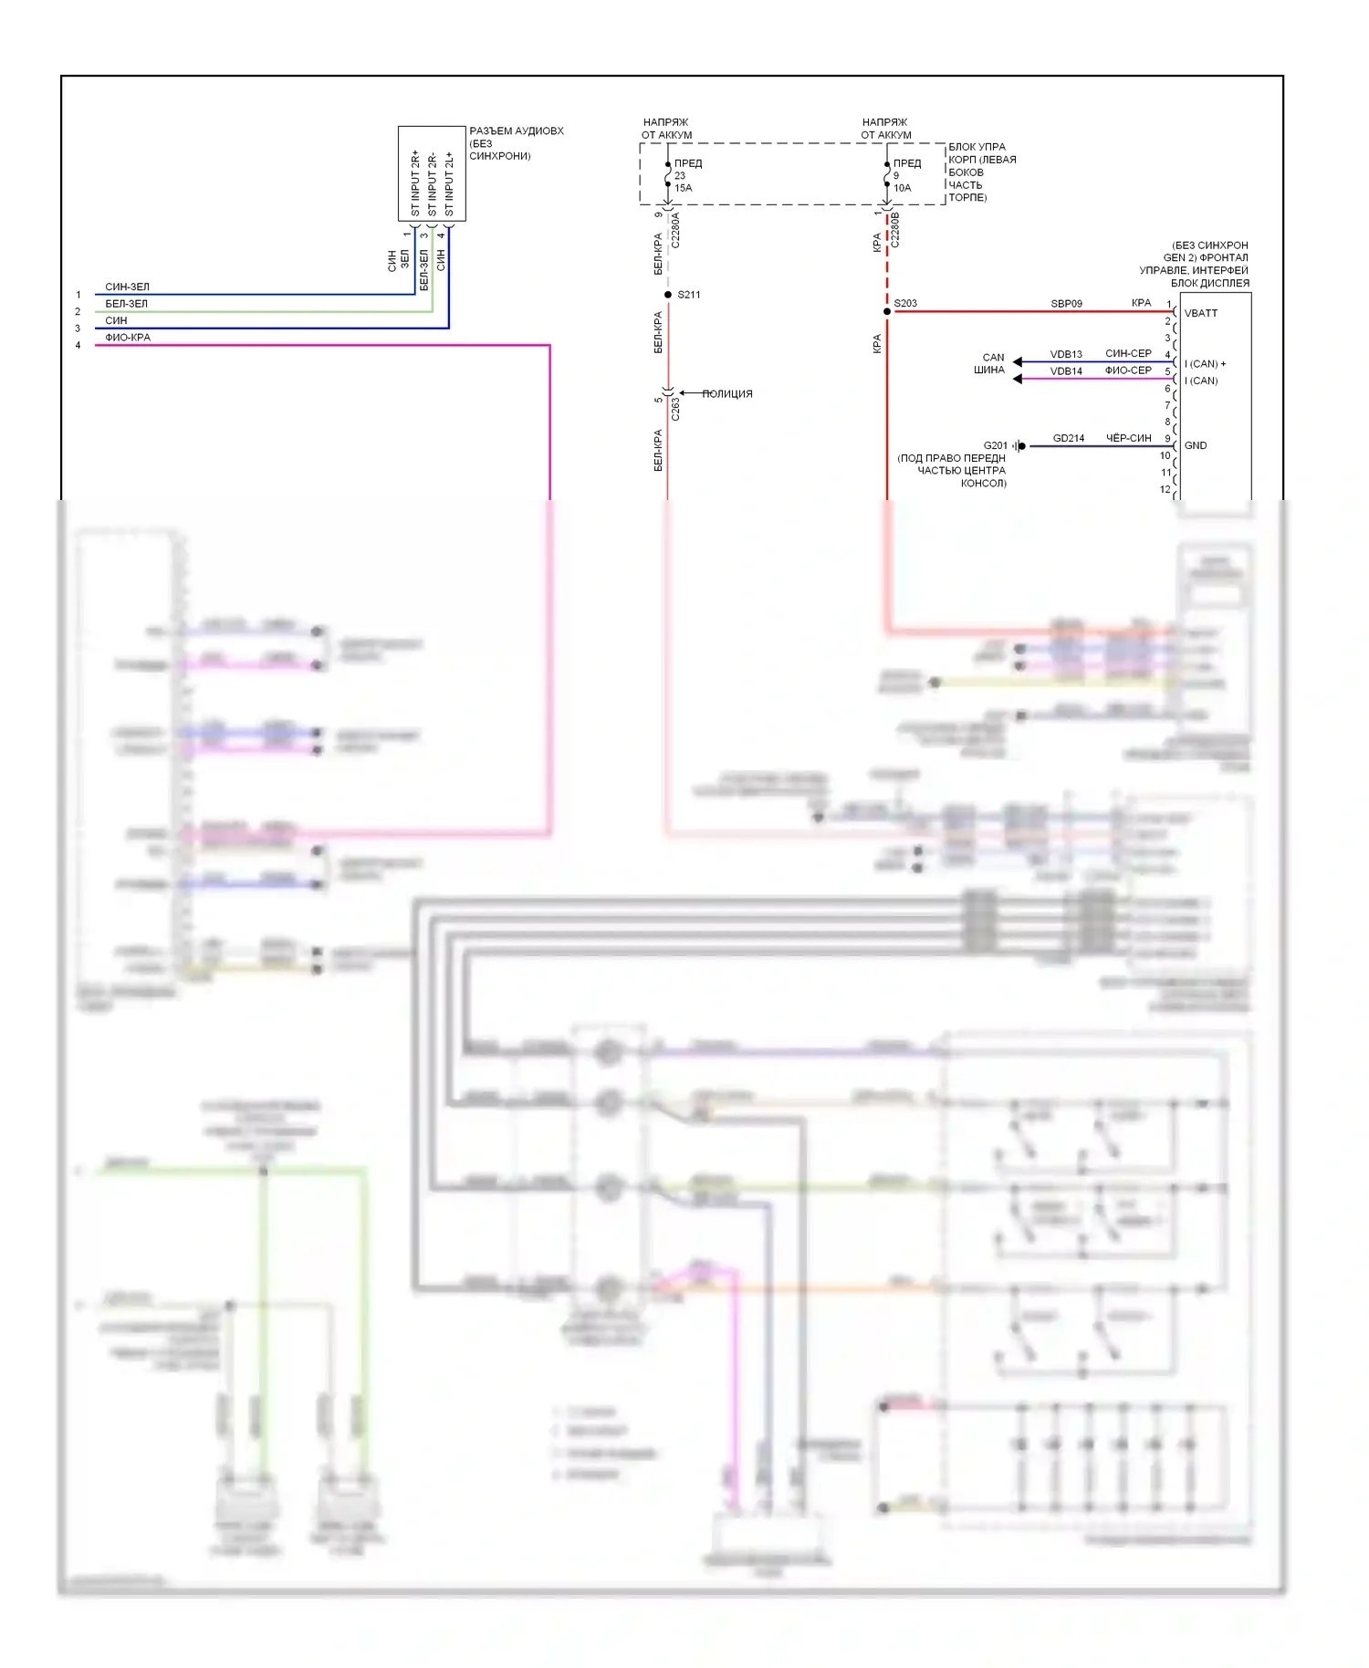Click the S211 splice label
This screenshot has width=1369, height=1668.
[688, 295]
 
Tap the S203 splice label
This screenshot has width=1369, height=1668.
[905, 303]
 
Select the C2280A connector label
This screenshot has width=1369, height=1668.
[675, 231]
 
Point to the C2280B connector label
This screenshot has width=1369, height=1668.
[894, 230]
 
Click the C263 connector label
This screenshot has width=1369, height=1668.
[675, 409]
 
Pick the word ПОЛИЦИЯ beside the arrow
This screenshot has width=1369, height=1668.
[727, 394]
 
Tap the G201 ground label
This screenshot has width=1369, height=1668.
[995, 445]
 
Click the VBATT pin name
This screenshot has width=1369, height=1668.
[1200, 313]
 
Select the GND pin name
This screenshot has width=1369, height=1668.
[1195, 445]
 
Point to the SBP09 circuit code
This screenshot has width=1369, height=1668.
[1066, 304]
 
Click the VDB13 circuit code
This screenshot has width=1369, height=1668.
[1066, 354]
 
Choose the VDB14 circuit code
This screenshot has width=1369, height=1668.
[1066, 371]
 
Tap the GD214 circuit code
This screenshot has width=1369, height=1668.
[1069, 438]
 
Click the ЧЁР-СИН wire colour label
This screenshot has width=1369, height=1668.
[1128, 438]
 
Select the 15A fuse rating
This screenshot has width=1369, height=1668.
[684, 188]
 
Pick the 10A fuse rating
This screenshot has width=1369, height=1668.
[902, 188]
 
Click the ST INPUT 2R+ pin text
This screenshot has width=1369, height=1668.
[415, 183]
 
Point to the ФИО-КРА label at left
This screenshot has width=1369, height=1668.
[128, 338]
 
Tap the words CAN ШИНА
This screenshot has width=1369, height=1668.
[990, 364]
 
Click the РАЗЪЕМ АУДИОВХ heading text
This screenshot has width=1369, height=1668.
[516, 131]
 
